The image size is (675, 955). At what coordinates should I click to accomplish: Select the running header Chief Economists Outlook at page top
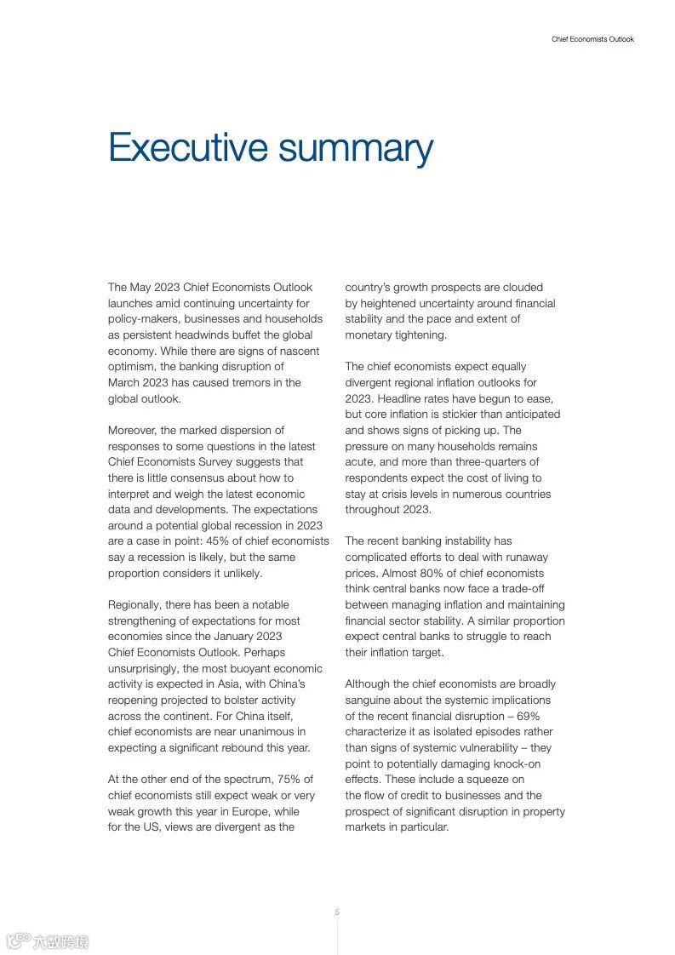592,39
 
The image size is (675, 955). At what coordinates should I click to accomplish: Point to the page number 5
337,912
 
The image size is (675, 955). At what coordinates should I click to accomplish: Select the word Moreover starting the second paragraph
134,430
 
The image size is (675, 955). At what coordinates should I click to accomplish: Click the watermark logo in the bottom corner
47,941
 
